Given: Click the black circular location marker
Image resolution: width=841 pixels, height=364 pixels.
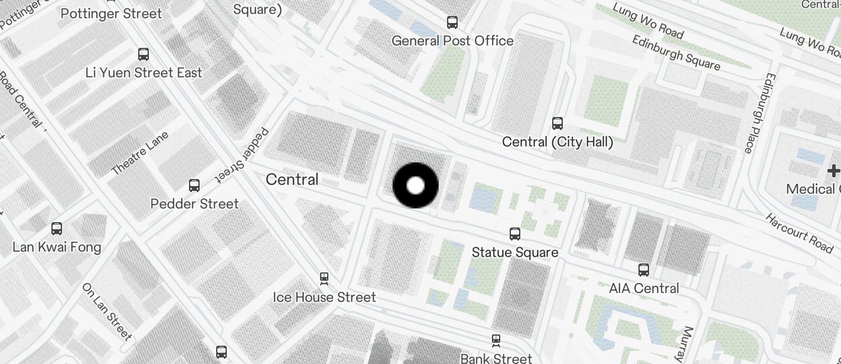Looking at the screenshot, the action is pos(416,186).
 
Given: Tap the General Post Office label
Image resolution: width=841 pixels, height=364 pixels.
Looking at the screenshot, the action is pos(452,41).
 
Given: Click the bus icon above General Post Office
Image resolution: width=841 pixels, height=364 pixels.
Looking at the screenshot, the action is pos(452,22).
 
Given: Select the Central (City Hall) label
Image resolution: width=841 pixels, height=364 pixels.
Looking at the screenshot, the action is pos(558,142).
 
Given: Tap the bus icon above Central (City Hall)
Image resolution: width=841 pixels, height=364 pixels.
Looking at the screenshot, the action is pos(558,123).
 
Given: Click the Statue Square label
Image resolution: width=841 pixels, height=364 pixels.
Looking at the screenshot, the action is pos(515,252).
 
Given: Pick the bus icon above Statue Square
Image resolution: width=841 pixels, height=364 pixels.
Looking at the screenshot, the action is pos(515,234).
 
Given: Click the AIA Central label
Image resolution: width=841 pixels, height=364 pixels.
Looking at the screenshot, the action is pos(644,288).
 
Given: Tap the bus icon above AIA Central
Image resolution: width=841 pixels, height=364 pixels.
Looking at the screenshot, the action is pos(644,270).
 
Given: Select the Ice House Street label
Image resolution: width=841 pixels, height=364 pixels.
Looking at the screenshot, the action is pos(324,297).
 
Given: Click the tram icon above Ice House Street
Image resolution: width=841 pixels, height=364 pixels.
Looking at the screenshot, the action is pos(324,277).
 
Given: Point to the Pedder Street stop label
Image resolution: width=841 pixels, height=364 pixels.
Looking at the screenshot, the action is pos(194,204).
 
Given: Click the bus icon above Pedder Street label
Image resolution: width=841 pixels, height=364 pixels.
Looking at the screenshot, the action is pos(194,186).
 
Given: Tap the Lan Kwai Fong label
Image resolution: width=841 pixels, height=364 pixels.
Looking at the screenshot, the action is pos(57,247).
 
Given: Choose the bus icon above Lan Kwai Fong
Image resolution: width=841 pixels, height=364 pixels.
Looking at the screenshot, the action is pos(57,229).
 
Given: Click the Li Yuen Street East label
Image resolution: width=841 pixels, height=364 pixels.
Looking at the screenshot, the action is pos(144,73).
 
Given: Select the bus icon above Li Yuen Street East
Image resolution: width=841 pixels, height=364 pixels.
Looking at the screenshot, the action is pos(144,54).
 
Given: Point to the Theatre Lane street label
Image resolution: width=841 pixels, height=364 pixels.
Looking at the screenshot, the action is pos(140,153).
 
